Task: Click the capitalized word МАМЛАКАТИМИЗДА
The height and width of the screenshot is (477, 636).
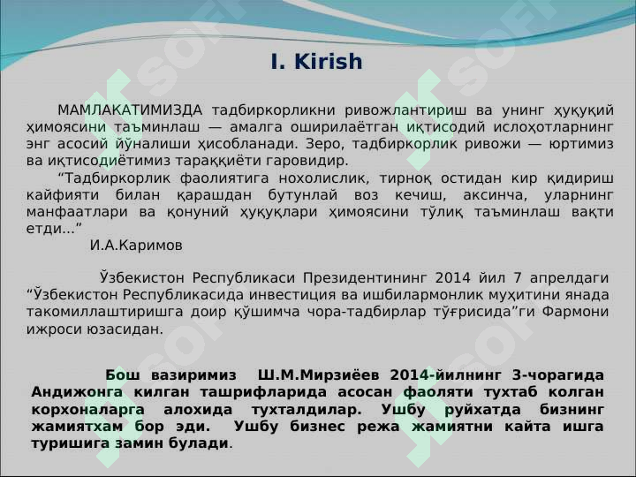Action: coord(130,110)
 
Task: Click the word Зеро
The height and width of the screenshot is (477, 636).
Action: coord(322,144)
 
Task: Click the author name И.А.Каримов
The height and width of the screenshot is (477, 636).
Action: coord(136,245)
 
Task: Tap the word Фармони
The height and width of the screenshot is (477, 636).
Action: coord(575,311)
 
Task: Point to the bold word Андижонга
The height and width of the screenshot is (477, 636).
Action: coord(75,392)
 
